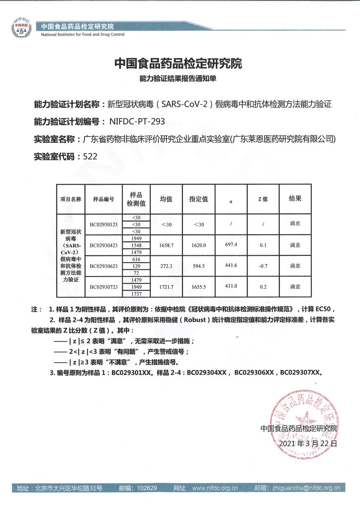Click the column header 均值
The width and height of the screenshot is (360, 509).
coord(166,199)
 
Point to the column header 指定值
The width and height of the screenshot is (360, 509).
coord(198,199)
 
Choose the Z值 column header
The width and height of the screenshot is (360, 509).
coord(263,199)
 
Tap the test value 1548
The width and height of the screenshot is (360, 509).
coord(136,246)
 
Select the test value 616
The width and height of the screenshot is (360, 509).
coord(136,259)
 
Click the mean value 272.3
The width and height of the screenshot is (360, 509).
coord(166,266)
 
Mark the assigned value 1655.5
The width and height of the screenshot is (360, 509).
coord(198,287)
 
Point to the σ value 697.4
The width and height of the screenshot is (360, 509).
coord(231,245)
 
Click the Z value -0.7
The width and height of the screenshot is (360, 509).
coord(263,266)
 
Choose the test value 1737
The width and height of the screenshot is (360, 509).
coord(136,294)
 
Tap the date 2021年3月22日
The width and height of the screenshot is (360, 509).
coord(308,444)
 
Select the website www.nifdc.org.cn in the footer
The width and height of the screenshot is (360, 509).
coord(214,488)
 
